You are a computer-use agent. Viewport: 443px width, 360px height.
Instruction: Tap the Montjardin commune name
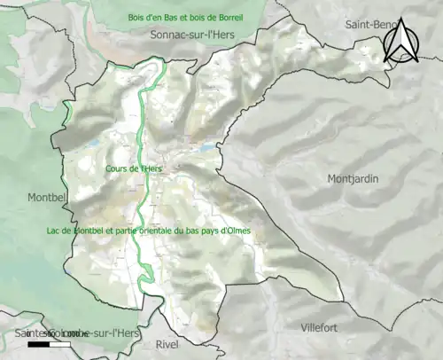[353, 178]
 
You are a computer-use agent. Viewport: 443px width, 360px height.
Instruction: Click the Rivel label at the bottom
[167, 344]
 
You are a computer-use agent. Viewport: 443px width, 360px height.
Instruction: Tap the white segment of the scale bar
[59, 343]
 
